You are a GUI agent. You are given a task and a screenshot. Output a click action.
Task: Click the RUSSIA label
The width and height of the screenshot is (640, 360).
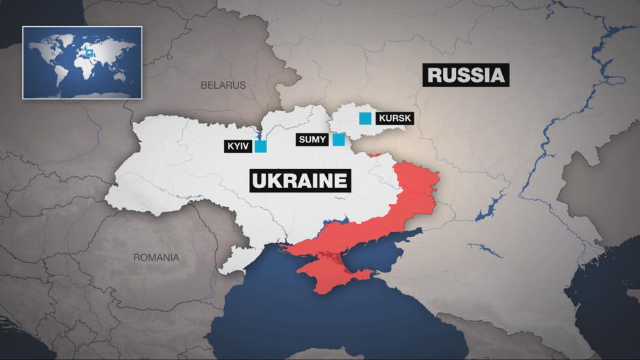(466, 75)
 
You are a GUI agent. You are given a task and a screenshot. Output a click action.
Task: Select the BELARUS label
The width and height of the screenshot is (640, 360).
(223, 85)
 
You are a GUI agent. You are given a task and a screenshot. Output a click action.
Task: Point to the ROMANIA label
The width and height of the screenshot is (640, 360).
(156, 257)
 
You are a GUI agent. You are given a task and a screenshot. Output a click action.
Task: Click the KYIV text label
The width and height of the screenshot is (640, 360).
(238, 146)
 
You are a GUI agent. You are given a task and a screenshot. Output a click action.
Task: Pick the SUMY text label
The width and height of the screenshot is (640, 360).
(312, 139)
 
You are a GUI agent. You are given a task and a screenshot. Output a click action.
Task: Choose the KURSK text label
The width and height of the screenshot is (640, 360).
(394, 118)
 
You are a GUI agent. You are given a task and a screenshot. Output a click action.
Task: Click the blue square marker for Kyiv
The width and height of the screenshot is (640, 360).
(261, 146)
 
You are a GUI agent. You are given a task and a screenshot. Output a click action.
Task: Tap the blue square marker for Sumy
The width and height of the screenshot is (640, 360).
(338, 139)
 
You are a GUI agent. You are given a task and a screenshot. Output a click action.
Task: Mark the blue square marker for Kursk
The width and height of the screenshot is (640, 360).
(366, 118)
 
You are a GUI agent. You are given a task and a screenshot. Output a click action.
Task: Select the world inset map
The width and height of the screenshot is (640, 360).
(82, 63)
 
